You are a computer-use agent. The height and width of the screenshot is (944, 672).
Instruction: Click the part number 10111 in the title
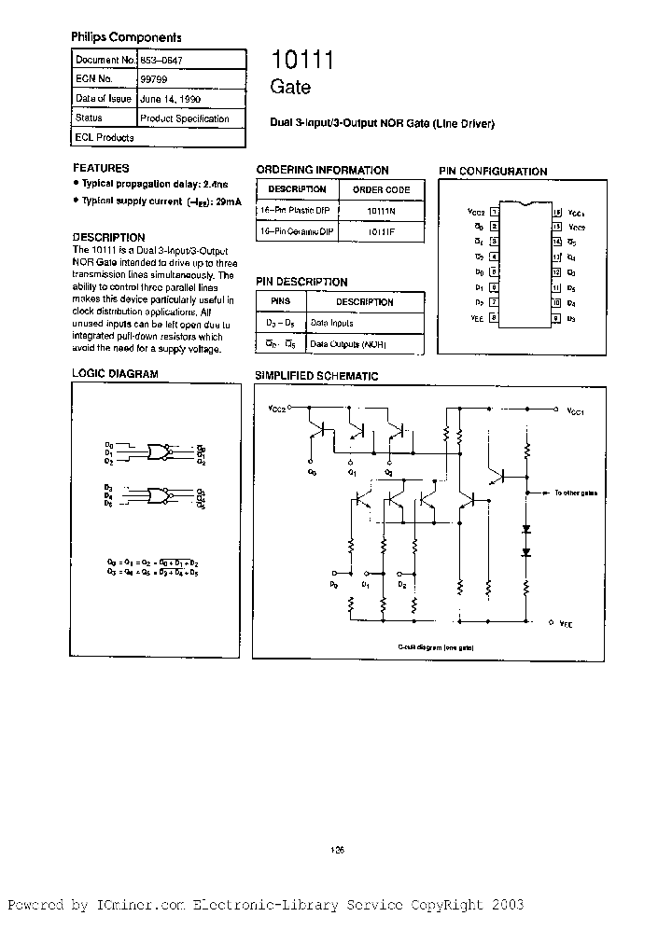[x=302, y=61]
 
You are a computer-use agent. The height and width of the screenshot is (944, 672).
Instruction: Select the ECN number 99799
[x=152, y=80]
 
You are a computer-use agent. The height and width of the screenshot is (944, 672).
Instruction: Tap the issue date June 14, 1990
[x=169, y=99]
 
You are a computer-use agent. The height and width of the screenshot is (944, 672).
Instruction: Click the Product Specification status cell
[x=184, y=118]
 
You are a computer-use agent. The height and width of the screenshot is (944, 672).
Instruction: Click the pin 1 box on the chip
[x=493, y=212]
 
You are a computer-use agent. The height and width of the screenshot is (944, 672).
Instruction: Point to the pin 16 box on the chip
[x=556, y=212]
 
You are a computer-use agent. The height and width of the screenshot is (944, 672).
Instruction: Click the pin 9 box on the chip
[x=556, y=318]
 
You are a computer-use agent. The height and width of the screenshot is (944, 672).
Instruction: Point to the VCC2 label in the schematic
[x=277, y=409]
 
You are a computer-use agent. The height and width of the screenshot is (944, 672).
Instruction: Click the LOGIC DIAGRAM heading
[x=115, y=374]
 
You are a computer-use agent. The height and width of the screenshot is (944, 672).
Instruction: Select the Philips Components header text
[x=126, y=37]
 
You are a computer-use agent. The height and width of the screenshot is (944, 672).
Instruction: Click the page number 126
[x=338, y=849]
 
